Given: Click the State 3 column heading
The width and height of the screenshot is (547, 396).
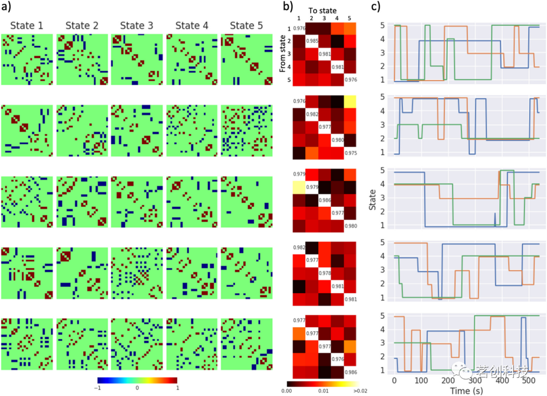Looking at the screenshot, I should [137, 26].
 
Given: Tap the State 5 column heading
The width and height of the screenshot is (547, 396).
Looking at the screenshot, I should [247, 26].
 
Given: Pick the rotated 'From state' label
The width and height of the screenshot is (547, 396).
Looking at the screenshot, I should [284, 53].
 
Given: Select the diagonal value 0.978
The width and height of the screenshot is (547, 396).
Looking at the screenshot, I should [324, 273].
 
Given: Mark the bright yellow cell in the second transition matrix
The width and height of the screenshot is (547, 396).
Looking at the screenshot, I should [350, 101].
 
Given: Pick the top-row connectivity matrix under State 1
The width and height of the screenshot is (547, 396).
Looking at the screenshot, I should [27, 60].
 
